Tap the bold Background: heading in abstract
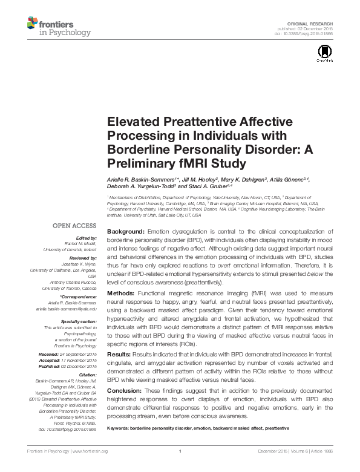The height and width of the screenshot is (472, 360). pos(125,232)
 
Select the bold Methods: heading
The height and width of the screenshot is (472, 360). pos(122,293)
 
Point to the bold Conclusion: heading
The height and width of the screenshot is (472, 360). pos(125,390)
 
